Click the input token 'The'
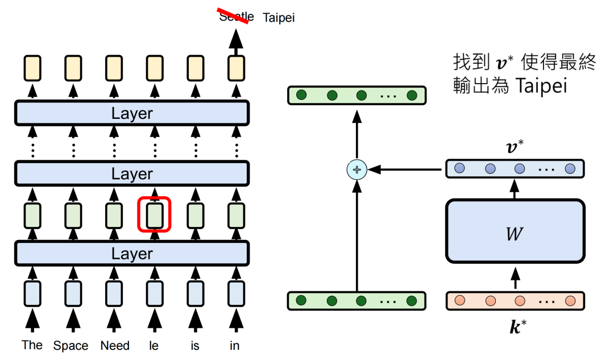[x=32, y=345]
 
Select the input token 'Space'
[x=71, y=345]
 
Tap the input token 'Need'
[x=115, y=345]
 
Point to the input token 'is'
[x=195, y=345]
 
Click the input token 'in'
[x=235, y=345]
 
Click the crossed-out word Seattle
[x=236, y=16]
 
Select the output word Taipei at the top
[x=279, y=18]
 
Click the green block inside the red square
[x=155, y=215]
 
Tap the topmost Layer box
[x=132, y=113]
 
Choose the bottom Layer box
[x=132, y=253]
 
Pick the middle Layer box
[x=132, y=173]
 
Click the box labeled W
[x=515, y=231]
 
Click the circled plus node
[x=357, y=169]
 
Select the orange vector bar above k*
[x=515, y=300]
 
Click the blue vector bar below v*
[x=515, y=169]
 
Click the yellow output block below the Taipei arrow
[x=236, y=68]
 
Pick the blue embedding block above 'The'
[x=32, y=293]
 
